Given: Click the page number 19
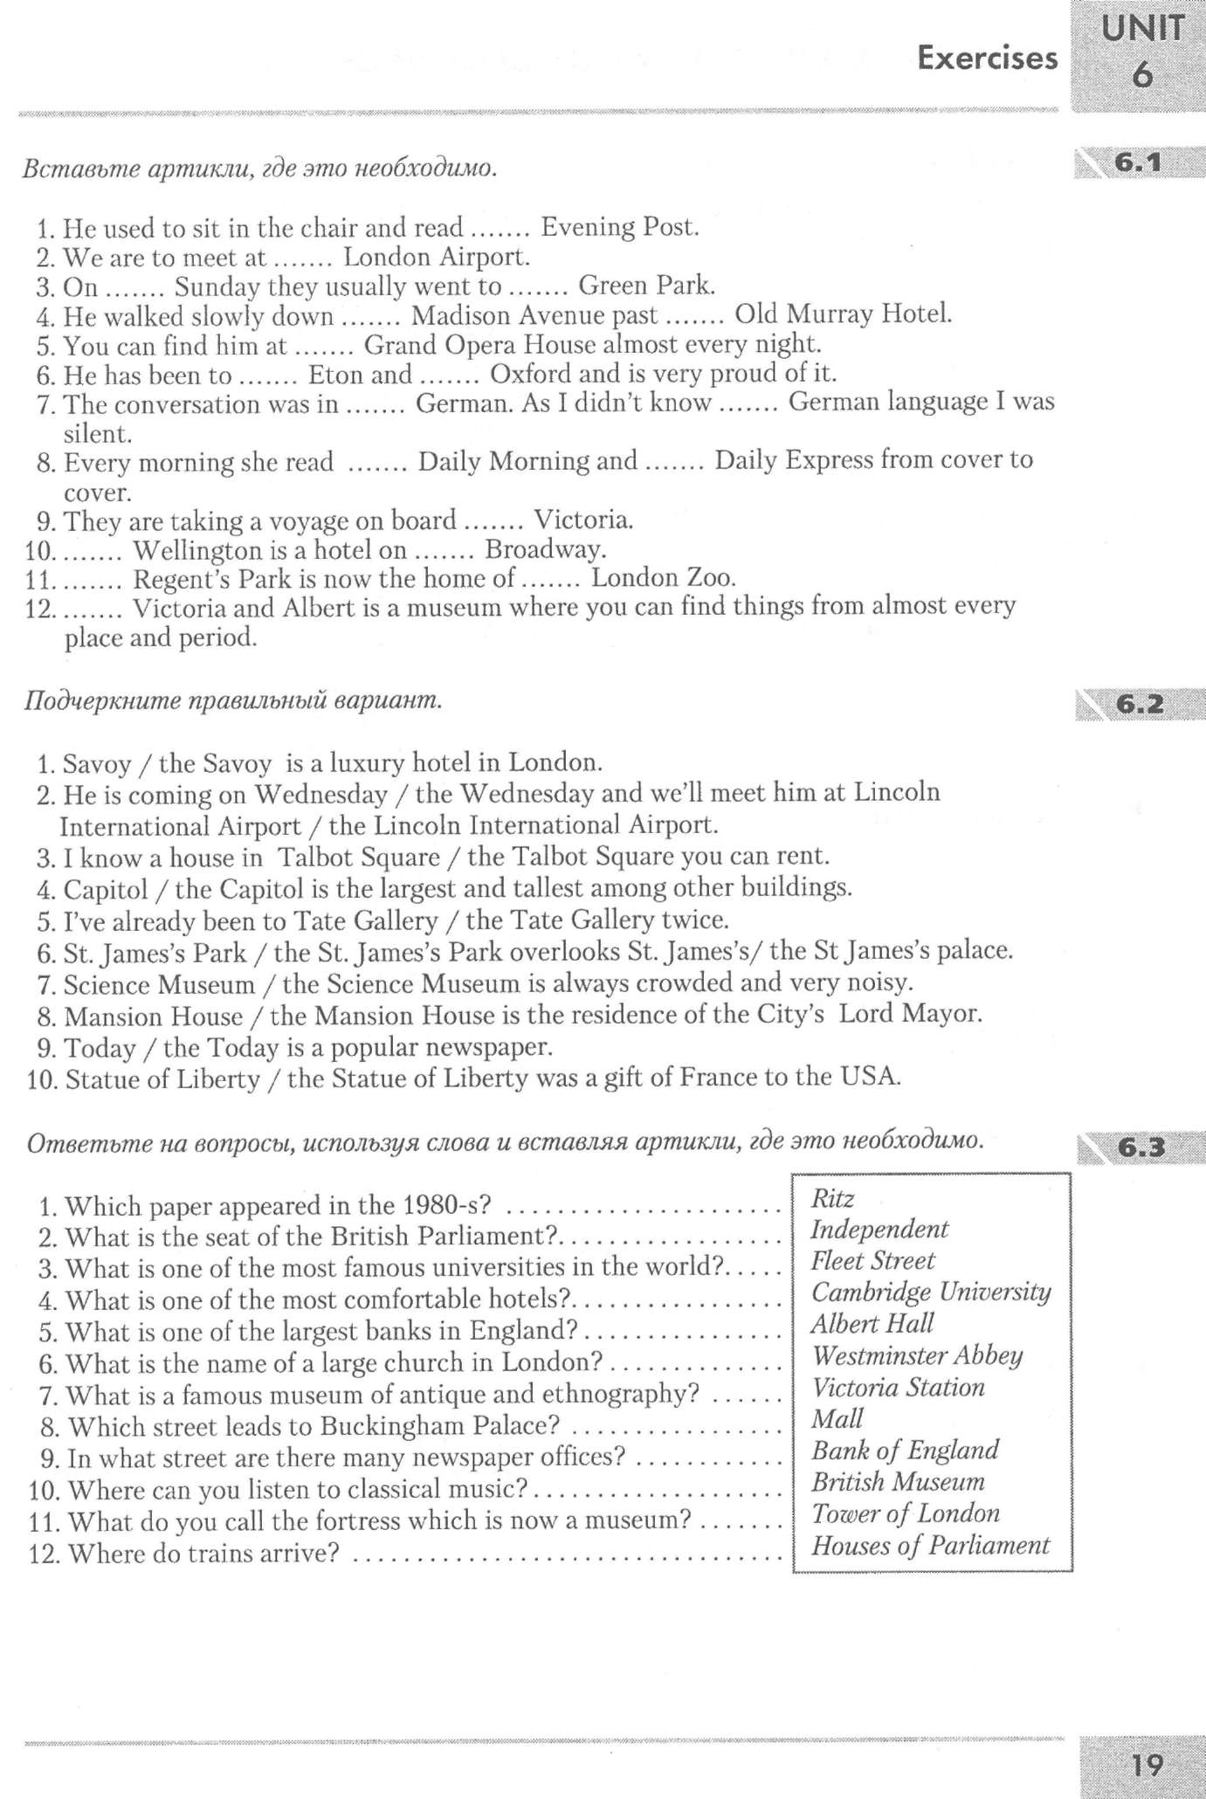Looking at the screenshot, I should coord(1147,1766).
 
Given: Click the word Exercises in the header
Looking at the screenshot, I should coord(987,59).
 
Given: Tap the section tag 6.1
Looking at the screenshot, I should coord(1138,163).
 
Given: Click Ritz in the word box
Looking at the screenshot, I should coord(832,1198).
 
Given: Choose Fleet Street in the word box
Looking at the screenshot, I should coord(872,1261).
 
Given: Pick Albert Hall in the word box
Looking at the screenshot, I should coord(872,1324).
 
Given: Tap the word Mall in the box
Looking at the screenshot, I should coord(837,1419).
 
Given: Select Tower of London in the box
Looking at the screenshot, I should coord(906,1513).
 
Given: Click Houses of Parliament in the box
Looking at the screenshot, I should coord(930,1546).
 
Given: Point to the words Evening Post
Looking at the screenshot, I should coord(620,227).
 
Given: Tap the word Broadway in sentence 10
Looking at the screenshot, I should coord(545,549).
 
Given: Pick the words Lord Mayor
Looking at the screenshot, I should coord(911,1014).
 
